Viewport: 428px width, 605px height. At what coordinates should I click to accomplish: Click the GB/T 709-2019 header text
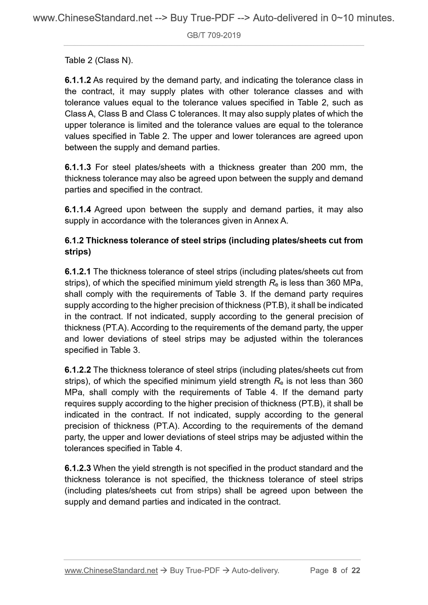point(214,35)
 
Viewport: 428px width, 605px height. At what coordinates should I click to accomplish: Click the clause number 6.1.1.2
point(78,80)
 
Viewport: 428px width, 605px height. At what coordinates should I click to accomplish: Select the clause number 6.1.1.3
point(78,167)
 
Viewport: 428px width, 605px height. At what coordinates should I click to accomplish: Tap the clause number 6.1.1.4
point(78,209)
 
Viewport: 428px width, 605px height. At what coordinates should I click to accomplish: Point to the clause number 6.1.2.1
point(78,271)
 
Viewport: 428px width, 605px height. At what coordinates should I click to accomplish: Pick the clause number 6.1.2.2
point(78,370)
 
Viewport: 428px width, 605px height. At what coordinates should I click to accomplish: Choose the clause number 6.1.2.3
point(78,468)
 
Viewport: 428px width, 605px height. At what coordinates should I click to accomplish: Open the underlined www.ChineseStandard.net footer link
point(111,570)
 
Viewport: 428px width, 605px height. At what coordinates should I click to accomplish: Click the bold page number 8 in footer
point(335,570)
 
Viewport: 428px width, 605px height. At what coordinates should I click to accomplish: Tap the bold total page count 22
point(356,570)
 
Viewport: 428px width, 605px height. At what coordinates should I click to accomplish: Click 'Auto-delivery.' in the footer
point(255,570)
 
